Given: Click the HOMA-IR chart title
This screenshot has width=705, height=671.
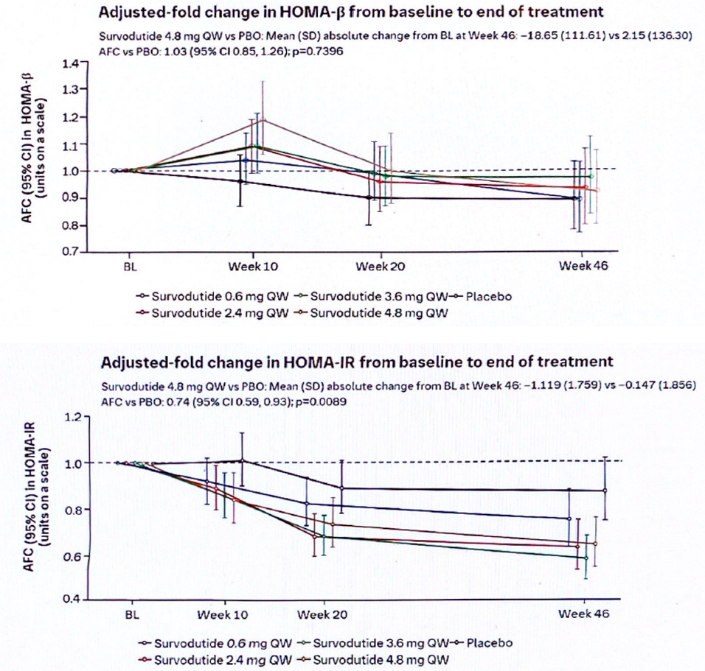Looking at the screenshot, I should click(356, 362).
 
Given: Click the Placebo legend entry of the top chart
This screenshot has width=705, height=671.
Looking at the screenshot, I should click(489, 297).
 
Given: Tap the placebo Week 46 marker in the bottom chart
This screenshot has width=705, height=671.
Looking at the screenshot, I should click(605, 490).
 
